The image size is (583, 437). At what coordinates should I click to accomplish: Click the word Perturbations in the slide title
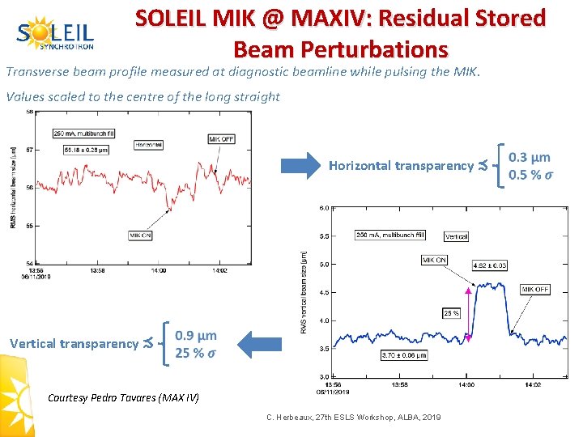[340, 49]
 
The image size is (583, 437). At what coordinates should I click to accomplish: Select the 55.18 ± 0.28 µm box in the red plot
[86, 149]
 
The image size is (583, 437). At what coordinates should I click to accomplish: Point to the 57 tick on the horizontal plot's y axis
[30, 150]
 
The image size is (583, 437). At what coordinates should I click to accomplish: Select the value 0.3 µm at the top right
[529, 157]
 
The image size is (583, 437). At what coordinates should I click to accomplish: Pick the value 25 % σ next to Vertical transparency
[195, 352]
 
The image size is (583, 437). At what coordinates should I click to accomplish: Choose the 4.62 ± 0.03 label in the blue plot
[491, 265]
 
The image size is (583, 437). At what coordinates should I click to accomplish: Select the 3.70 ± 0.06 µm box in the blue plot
[403, 354]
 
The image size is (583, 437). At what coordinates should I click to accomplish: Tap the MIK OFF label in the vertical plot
[534, 289]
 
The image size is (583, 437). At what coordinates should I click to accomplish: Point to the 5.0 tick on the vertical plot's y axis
[323, 265]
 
